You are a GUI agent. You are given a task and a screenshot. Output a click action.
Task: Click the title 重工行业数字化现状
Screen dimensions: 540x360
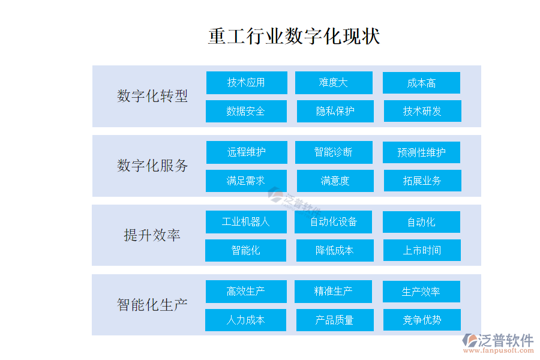click(294, 36)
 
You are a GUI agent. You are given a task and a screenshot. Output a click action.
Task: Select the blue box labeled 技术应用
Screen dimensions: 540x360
click(247, 83)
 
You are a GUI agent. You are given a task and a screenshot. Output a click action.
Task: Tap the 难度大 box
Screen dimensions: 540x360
click(334, 83)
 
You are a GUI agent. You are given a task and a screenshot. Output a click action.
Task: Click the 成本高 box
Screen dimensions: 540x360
click(421, 83)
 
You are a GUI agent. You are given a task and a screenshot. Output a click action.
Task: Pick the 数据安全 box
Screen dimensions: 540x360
click(246, 111)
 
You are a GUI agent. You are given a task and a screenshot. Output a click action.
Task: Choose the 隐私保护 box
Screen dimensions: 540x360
click(335, 111)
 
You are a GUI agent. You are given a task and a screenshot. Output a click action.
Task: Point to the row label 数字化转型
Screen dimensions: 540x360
click(152, 96)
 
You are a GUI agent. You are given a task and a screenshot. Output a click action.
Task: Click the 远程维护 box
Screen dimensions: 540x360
click(247, 152)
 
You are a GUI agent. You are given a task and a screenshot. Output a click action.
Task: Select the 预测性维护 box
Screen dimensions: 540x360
click(421, 152)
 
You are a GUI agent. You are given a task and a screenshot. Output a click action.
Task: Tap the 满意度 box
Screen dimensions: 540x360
click(335, 181)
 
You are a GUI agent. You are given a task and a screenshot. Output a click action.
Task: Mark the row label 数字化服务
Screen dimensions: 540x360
click(152, 166)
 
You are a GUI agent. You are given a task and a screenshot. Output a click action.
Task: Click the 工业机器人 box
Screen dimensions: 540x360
click(246, 222)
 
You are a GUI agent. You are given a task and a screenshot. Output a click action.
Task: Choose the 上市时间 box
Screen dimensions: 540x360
click(422, 250)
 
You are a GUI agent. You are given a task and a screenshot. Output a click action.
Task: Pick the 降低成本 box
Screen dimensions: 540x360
click(335, 250)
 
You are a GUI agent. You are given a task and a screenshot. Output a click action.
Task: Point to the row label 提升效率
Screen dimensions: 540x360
click(152, 235)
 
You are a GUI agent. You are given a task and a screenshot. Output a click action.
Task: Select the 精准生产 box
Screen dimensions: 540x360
click(333, 292)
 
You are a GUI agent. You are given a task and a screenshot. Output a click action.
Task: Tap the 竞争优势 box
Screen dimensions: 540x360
click(422, 320)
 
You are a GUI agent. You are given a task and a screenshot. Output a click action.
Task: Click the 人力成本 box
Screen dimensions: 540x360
click(245, 320)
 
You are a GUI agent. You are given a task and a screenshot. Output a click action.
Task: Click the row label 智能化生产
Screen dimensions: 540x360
click(152, 305)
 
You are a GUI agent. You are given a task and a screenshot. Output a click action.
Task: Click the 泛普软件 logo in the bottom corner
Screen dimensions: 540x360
click(498, 343)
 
